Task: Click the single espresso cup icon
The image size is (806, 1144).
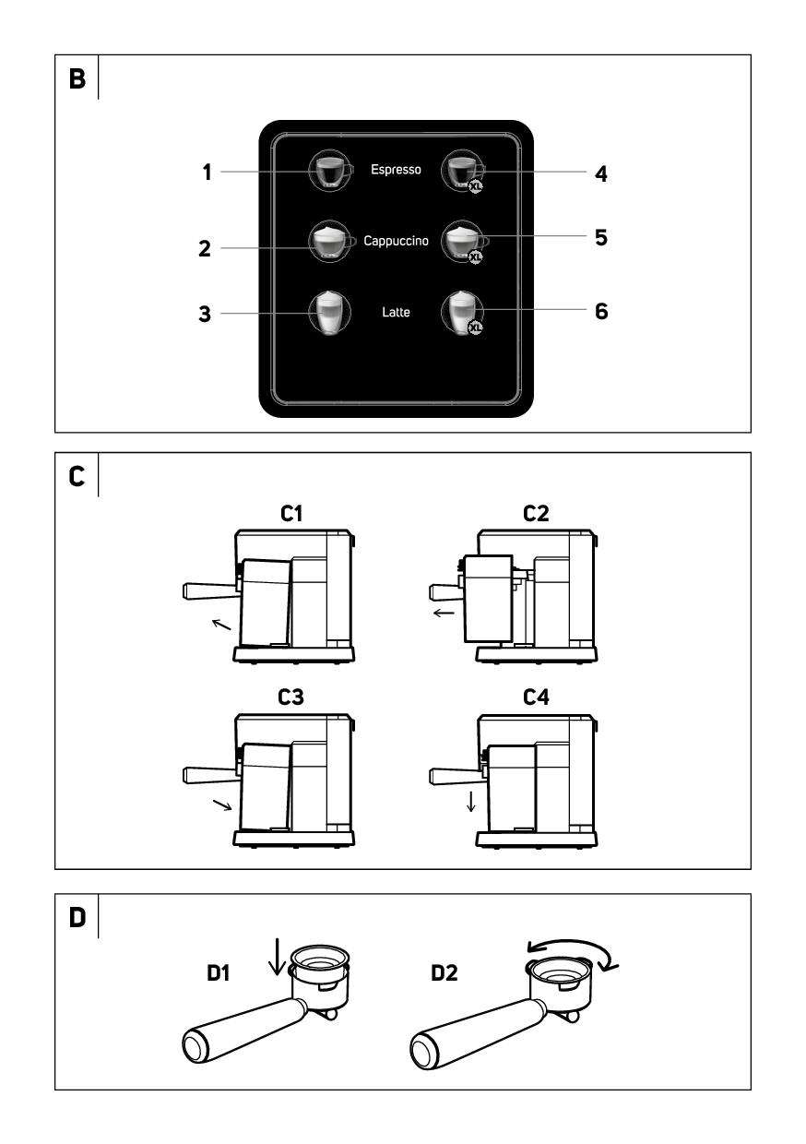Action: [x=329, y=171]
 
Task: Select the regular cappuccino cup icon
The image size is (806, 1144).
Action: [x=329, y=242]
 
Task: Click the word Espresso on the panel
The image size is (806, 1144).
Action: [x=396, y=170]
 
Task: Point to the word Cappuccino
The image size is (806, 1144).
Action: [x=396, y=241]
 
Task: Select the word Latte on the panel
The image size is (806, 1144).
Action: [x=396, y=313]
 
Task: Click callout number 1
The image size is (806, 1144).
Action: [x=208, y=173]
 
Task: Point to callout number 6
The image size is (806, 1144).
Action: [x=600, y=312]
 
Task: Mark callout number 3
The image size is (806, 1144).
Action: [x=207, y=315]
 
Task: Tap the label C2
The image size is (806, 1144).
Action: [x=534, y=514]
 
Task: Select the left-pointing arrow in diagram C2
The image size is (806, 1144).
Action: [x=444, y=611]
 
